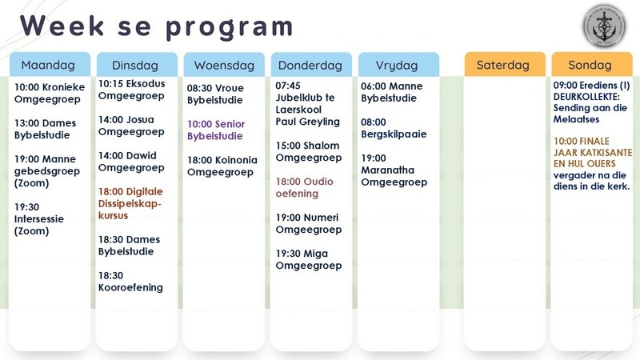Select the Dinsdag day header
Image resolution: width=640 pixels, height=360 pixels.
[136, 64]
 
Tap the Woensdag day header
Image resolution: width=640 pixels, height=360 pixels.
[223, 64]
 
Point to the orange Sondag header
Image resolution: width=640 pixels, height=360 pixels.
[591, 64]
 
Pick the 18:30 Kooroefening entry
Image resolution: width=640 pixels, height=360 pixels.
[130, 281]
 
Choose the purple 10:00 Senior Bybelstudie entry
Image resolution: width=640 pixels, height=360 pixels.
[216, 130]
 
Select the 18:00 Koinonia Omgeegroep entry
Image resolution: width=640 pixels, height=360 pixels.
[222, 166]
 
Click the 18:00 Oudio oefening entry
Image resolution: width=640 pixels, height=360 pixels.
[305, 187]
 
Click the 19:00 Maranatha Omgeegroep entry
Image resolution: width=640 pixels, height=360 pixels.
[394, 170]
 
